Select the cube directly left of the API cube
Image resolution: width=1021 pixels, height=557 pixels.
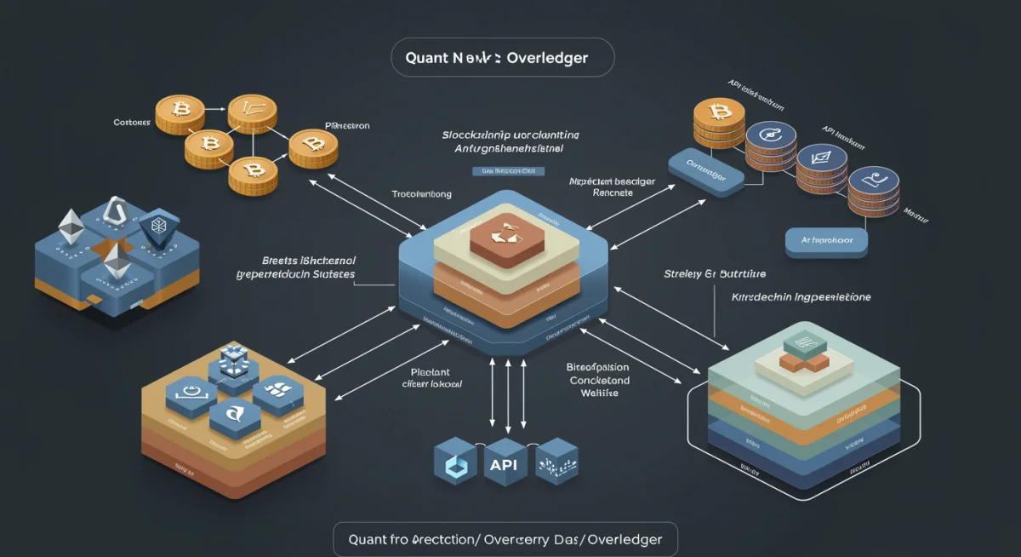452,464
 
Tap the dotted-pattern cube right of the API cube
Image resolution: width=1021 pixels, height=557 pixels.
556,462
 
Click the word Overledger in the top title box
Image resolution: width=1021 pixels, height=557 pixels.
547,60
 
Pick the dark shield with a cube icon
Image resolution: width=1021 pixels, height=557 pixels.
157,227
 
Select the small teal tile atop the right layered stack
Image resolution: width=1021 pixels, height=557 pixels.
800,344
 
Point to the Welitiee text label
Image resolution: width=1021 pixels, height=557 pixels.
601,393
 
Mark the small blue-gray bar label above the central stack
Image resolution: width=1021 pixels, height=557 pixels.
507,170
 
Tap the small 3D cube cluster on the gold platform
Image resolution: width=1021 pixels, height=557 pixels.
232,361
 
